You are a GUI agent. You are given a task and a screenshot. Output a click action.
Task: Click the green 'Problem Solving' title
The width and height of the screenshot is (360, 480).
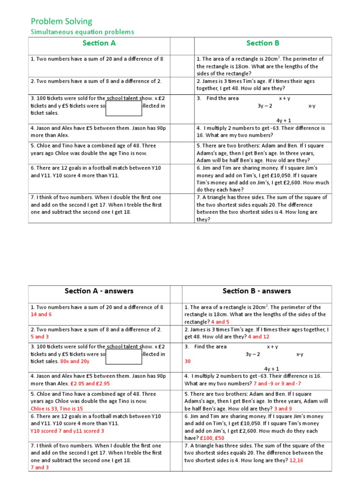[x=61, y=21]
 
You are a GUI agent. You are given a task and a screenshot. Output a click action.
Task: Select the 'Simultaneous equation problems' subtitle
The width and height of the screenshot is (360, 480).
[x=82, y=32]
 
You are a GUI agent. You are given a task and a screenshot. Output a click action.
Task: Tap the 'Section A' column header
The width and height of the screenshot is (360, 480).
[x=99, y=43]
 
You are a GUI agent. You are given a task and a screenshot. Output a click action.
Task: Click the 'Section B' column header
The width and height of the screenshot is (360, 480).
[x=262, y=43]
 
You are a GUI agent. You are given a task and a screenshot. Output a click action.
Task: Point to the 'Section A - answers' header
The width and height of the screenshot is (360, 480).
[x=99, y=291]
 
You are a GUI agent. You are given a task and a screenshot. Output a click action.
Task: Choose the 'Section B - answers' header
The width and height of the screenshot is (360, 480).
[x=256, y=291]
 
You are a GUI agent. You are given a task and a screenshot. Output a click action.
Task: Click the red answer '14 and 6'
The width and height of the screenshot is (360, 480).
[x=41, y=315]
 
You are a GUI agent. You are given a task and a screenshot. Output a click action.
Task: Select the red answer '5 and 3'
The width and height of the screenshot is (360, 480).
[x=39, y=337]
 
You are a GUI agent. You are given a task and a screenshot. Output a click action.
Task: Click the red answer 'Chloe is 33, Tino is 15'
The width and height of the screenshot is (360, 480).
[x=57, y=409]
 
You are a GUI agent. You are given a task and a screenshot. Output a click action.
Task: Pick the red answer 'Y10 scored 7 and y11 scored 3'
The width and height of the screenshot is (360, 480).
[x=67, y=431]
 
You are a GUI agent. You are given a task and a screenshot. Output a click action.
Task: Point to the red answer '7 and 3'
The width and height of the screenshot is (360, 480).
[x=39, y=467]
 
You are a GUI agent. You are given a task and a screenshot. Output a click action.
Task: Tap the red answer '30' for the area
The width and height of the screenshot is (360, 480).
[x=187, y=361]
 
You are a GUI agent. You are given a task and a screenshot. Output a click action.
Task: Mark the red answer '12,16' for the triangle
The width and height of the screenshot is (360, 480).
[x=296, y=460]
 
